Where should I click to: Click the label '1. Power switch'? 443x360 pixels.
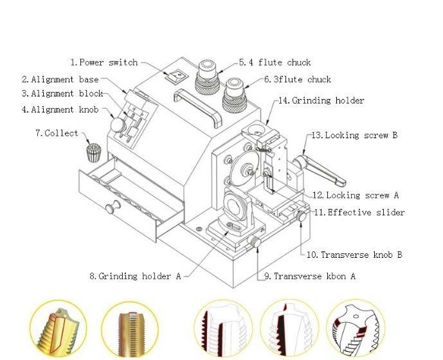click(104, 62)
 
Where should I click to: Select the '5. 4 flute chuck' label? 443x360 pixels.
click(275, 62)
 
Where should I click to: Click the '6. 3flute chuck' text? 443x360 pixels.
click(297, 80)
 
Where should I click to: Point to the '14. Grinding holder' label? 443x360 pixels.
click(321, 100)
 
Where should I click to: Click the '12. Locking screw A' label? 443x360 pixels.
click(355, 195)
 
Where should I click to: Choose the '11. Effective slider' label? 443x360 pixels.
click(359, 212)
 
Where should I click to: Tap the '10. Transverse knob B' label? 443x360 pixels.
click(354, 255)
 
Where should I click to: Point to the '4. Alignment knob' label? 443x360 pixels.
click(60, 109)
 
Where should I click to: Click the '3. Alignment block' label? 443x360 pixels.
click(62, 94)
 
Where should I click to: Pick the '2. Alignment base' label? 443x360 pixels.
click(60, 79)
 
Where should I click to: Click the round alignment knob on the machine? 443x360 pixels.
click(119, 124)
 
